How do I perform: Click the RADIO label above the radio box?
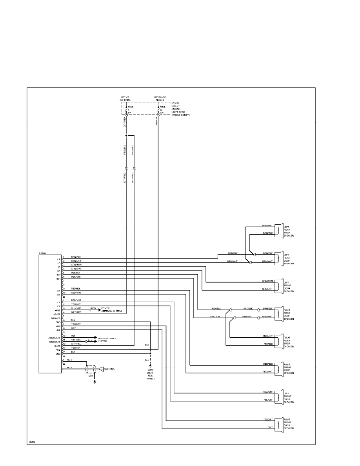(42, 253)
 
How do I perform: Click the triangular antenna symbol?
(101, 369)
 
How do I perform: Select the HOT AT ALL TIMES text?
(125, 99)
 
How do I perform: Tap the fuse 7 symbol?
(126, 109)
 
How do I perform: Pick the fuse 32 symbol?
(158, 109)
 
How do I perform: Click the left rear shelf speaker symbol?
(278, 230)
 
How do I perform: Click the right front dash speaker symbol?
(278, 424)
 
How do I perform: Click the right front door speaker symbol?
(278, 368)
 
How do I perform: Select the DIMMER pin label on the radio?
(56, 318)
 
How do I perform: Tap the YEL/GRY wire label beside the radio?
(76, 324)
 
